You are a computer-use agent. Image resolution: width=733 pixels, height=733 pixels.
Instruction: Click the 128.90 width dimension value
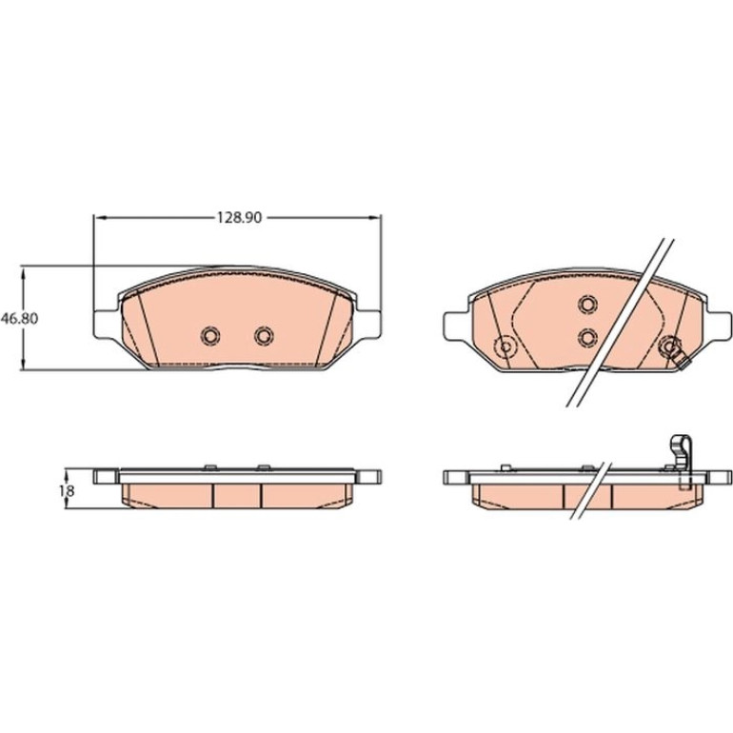[x=238, y=218]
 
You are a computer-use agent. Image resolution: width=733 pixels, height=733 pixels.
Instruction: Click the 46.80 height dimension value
[x=19, y=319]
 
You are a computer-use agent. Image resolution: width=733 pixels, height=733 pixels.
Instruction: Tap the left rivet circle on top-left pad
[x=210, y=335]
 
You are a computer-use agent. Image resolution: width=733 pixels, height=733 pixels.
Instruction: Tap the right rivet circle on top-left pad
[x=264, y=335]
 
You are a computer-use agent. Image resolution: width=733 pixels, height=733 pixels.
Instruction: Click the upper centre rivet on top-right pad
[x=587, y=305]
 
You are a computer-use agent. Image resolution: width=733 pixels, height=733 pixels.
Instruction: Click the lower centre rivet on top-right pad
[x=587, y=337]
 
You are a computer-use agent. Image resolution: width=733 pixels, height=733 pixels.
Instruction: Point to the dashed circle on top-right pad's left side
[x=505, y=347]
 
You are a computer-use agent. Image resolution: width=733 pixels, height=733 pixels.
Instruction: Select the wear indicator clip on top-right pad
[x=675, y=351]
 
